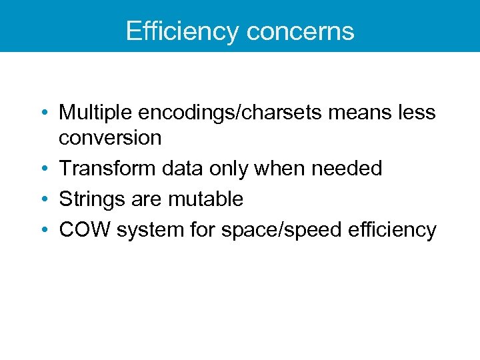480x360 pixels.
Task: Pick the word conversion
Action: pyautogui.click(x=110, y=138)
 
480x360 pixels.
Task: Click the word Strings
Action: pyautogui.click(x=88, y=199)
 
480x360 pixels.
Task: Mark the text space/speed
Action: pyautogui.click(x=279, y=230)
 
